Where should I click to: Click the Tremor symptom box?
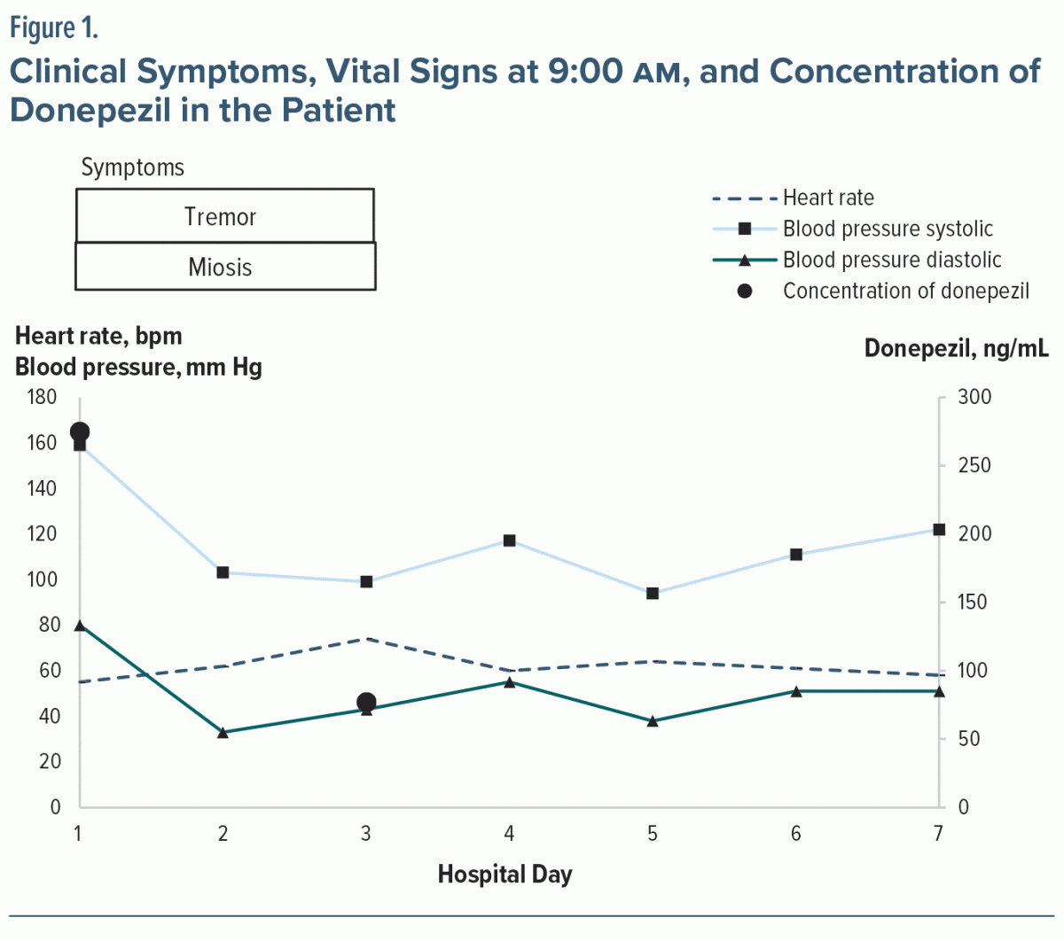[224, 215]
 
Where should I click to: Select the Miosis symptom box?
[224, 267]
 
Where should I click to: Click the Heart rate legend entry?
[827, 198]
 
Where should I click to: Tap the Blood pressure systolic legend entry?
[887, 229]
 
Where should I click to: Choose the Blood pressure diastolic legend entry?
[891, 260]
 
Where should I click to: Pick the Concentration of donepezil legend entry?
[904, 291]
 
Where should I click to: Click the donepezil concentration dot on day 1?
[80, 432]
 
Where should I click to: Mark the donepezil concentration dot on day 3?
[366, 703]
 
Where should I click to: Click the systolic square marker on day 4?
[510, 540]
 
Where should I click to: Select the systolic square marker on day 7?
[939, 530]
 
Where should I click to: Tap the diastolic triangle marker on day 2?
[223, 732]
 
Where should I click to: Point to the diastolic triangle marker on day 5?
[653, 721]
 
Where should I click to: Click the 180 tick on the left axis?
[43, 397]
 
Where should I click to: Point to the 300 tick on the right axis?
[974, 397]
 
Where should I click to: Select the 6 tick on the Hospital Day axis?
[796, 833]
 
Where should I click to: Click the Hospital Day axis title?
[505, 875]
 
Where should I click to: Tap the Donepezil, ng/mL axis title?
[956, 348]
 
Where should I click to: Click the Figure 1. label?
[53, 28]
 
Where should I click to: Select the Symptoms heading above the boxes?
[133, 167]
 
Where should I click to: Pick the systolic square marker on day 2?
[223, 572]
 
